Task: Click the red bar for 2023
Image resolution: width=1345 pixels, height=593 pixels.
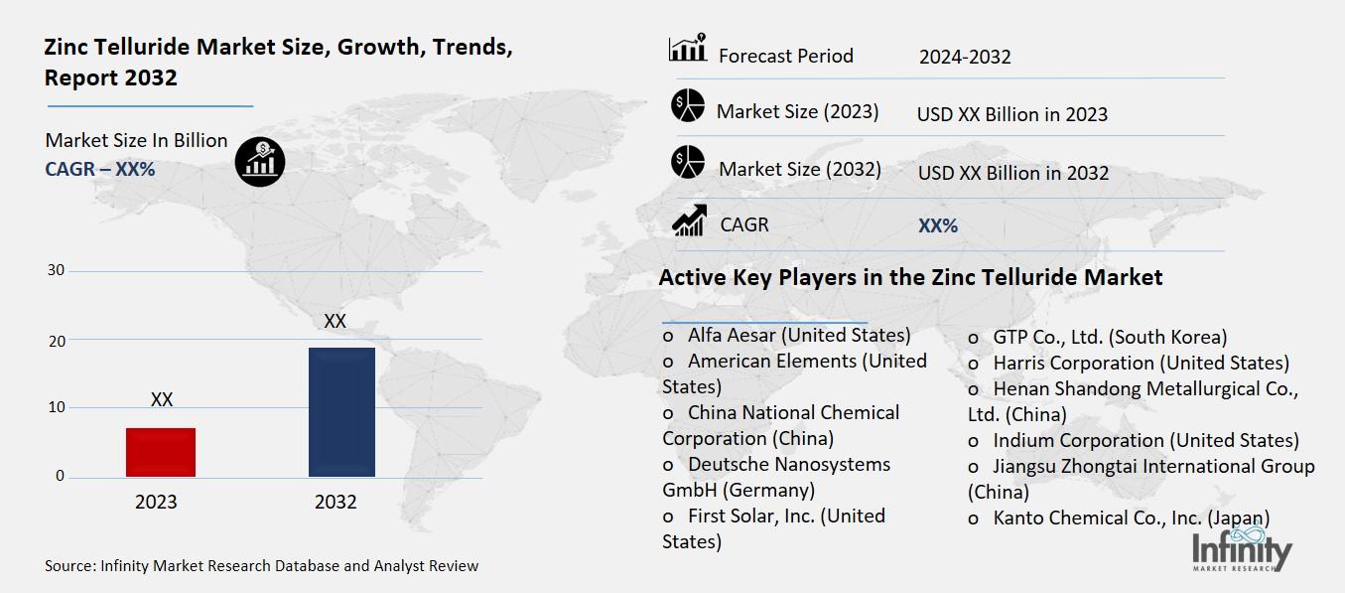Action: point(161,452)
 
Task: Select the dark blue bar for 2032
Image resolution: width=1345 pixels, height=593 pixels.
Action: point(341,411)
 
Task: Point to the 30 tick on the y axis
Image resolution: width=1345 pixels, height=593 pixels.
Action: point(57,270)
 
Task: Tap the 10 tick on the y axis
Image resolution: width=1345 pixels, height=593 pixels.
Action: point(57,407)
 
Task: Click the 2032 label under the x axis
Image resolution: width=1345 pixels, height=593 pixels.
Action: point(336,502)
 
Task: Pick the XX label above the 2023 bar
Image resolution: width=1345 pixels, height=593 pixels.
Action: point(162,399)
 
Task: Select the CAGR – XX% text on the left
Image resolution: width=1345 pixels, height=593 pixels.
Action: point(100,169)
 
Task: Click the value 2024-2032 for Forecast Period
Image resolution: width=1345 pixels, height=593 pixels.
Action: point(964,57)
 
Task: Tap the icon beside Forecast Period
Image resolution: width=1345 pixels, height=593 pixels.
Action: point(687,49)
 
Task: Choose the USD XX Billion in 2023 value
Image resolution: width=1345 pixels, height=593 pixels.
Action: point(1011,114)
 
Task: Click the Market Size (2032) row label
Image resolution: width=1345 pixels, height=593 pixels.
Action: point(799,169)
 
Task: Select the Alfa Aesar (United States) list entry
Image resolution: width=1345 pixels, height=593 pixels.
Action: point(798,335)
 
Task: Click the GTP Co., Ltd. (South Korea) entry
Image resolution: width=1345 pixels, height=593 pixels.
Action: point(1109,337)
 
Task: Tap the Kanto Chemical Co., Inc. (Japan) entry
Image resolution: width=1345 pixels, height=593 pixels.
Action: point(1131,518)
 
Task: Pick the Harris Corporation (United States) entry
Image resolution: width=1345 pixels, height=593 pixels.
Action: point(1140,363)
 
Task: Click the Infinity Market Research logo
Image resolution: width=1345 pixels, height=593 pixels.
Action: point(1242,551)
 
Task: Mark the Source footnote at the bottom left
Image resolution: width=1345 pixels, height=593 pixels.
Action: point(261,566)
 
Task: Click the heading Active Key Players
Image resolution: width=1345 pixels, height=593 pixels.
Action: point(910,277)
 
